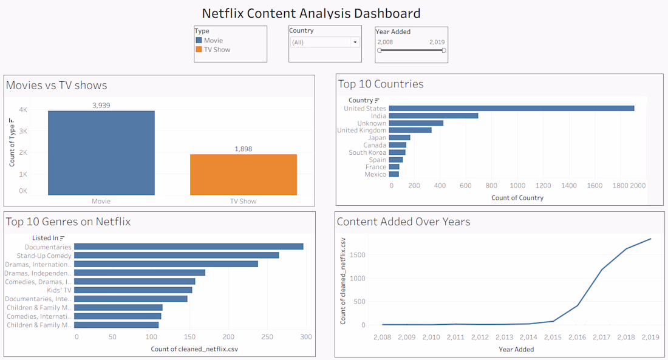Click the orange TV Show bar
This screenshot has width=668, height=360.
click(x=243, y=175)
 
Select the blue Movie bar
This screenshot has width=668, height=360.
click(x=101, y=153)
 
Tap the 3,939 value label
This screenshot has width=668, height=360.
click(x=101, y=106)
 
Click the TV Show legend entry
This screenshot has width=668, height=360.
click(x=217, y=50)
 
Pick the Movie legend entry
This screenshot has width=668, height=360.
click(x=213, y=41)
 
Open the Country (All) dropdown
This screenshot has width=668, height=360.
click(x=325, y=42)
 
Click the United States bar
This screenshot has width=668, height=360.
click(x=511, y=109)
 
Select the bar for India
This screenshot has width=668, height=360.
click(x=434, y=116)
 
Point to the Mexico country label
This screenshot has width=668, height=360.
click(x=375, y=174)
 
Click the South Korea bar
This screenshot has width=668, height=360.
click(x=397, y=152)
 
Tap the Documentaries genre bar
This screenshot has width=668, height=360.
click(x=188, y=247)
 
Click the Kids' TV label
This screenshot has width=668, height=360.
click(x=60, y=290)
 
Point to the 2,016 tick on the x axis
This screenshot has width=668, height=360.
click(x=577, y=337)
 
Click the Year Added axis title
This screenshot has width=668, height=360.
click(x=516, y=349)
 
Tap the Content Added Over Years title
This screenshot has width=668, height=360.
click(x=403, y=222)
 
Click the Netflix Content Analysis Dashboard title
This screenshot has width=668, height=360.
click(x=311, y=13)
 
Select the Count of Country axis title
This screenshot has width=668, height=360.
click(x=517, y=197)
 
